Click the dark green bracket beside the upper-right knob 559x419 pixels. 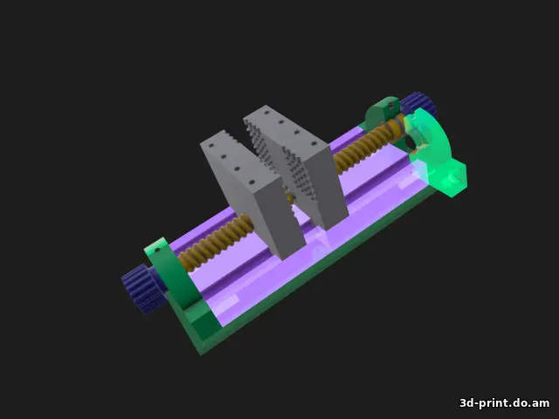(381, 113)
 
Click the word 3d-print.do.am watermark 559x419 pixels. (505, 402)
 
